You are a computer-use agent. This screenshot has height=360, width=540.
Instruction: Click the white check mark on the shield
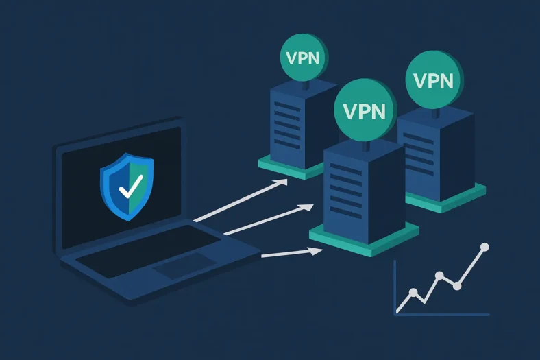click(130, 184)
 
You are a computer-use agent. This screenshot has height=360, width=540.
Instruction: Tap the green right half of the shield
click(142, 184)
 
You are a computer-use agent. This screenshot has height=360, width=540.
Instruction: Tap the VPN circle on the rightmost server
click(434, 80)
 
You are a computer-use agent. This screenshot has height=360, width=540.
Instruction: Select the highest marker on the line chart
click(485, 246)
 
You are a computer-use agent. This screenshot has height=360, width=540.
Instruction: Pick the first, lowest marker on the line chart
click(413, 293)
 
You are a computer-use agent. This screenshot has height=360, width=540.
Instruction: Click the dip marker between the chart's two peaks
click(457, 285)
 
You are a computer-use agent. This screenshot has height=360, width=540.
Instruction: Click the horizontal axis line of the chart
click(442, 315)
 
